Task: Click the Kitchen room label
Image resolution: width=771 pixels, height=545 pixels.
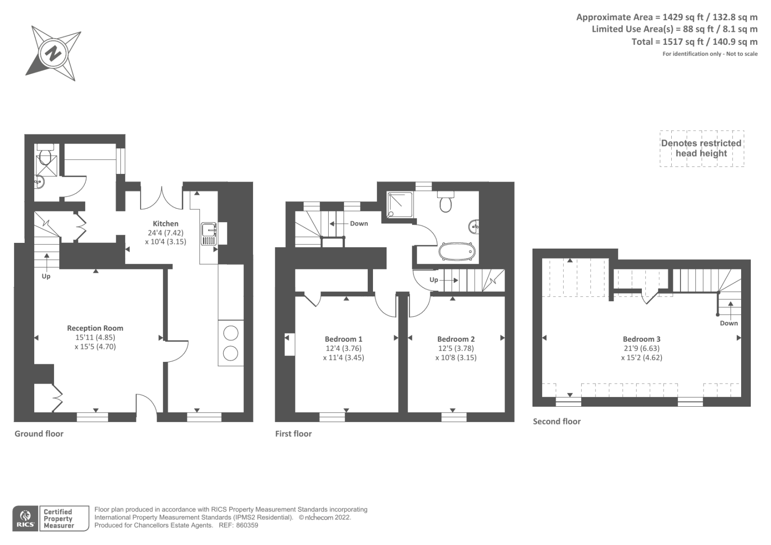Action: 165,224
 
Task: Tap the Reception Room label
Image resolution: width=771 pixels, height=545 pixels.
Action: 95,328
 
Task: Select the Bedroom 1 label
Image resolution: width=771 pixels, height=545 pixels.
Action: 343,339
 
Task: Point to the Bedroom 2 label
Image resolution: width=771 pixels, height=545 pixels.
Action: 456,339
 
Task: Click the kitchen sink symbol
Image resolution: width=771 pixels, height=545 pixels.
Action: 209,234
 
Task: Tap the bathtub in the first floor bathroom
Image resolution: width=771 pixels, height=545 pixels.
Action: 456,252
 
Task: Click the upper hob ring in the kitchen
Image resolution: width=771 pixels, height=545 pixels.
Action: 231,333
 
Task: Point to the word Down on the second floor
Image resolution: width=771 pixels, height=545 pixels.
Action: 729,323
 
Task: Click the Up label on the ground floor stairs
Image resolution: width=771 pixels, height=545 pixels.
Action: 46,276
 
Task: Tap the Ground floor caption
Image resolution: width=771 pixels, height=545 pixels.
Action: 39,434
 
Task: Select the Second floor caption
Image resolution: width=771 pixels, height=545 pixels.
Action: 557,421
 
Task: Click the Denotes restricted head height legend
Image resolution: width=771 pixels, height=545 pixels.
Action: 701,148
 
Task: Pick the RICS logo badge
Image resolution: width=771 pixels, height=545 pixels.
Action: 26,518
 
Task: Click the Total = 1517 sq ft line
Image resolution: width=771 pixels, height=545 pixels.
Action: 694,42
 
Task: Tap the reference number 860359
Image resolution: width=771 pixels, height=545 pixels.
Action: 247,525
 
